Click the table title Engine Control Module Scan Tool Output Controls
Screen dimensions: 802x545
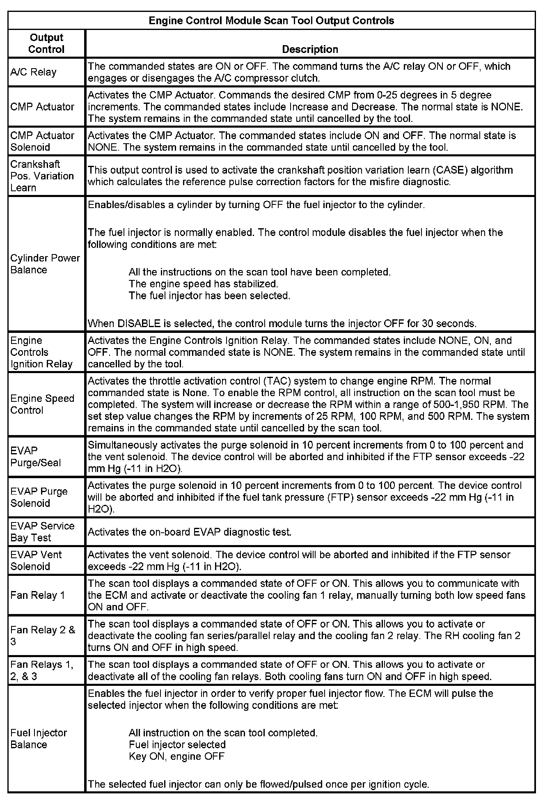click(x=271, y=21)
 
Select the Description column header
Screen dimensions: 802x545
click(x=310, y=49)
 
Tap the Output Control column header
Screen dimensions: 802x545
click(x=46, y=44)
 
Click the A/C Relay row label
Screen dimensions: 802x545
click(x=33, y=72)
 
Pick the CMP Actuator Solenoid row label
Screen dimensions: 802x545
click(x=42, y=141)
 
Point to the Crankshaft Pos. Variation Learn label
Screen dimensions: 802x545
click(x=42, y=176)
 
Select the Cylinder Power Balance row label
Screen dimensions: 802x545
click(x=45, y=264)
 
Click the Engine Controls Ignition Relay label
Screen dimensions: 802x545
click(x=41, y=352)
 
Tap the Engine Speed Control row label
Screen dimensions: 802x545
click(x=42, y=404)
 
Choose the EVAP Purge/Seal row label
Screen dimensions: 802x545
click(x=35, y=457)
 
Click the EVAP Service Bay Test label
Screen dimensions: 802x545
click(x=42, y=532)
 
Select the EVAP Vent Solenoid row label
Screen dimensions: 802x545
click(x=36, y=560)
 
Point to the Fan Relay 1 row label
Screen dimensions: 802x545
click(x=38, y=595)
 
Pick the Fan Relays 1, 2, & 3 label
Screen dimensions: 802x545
click(x=42, y=670)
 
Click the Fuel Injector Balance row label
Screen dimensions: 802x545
click(x=39, y=738)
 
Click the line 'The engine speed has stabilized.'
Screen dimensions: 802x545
click(x=203, y=284)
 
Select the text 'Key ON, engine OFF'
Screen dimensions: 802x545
click(x=176, y=756)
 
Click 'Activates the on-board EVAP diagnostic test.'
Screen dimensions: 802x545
click(x=190, y=532)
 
